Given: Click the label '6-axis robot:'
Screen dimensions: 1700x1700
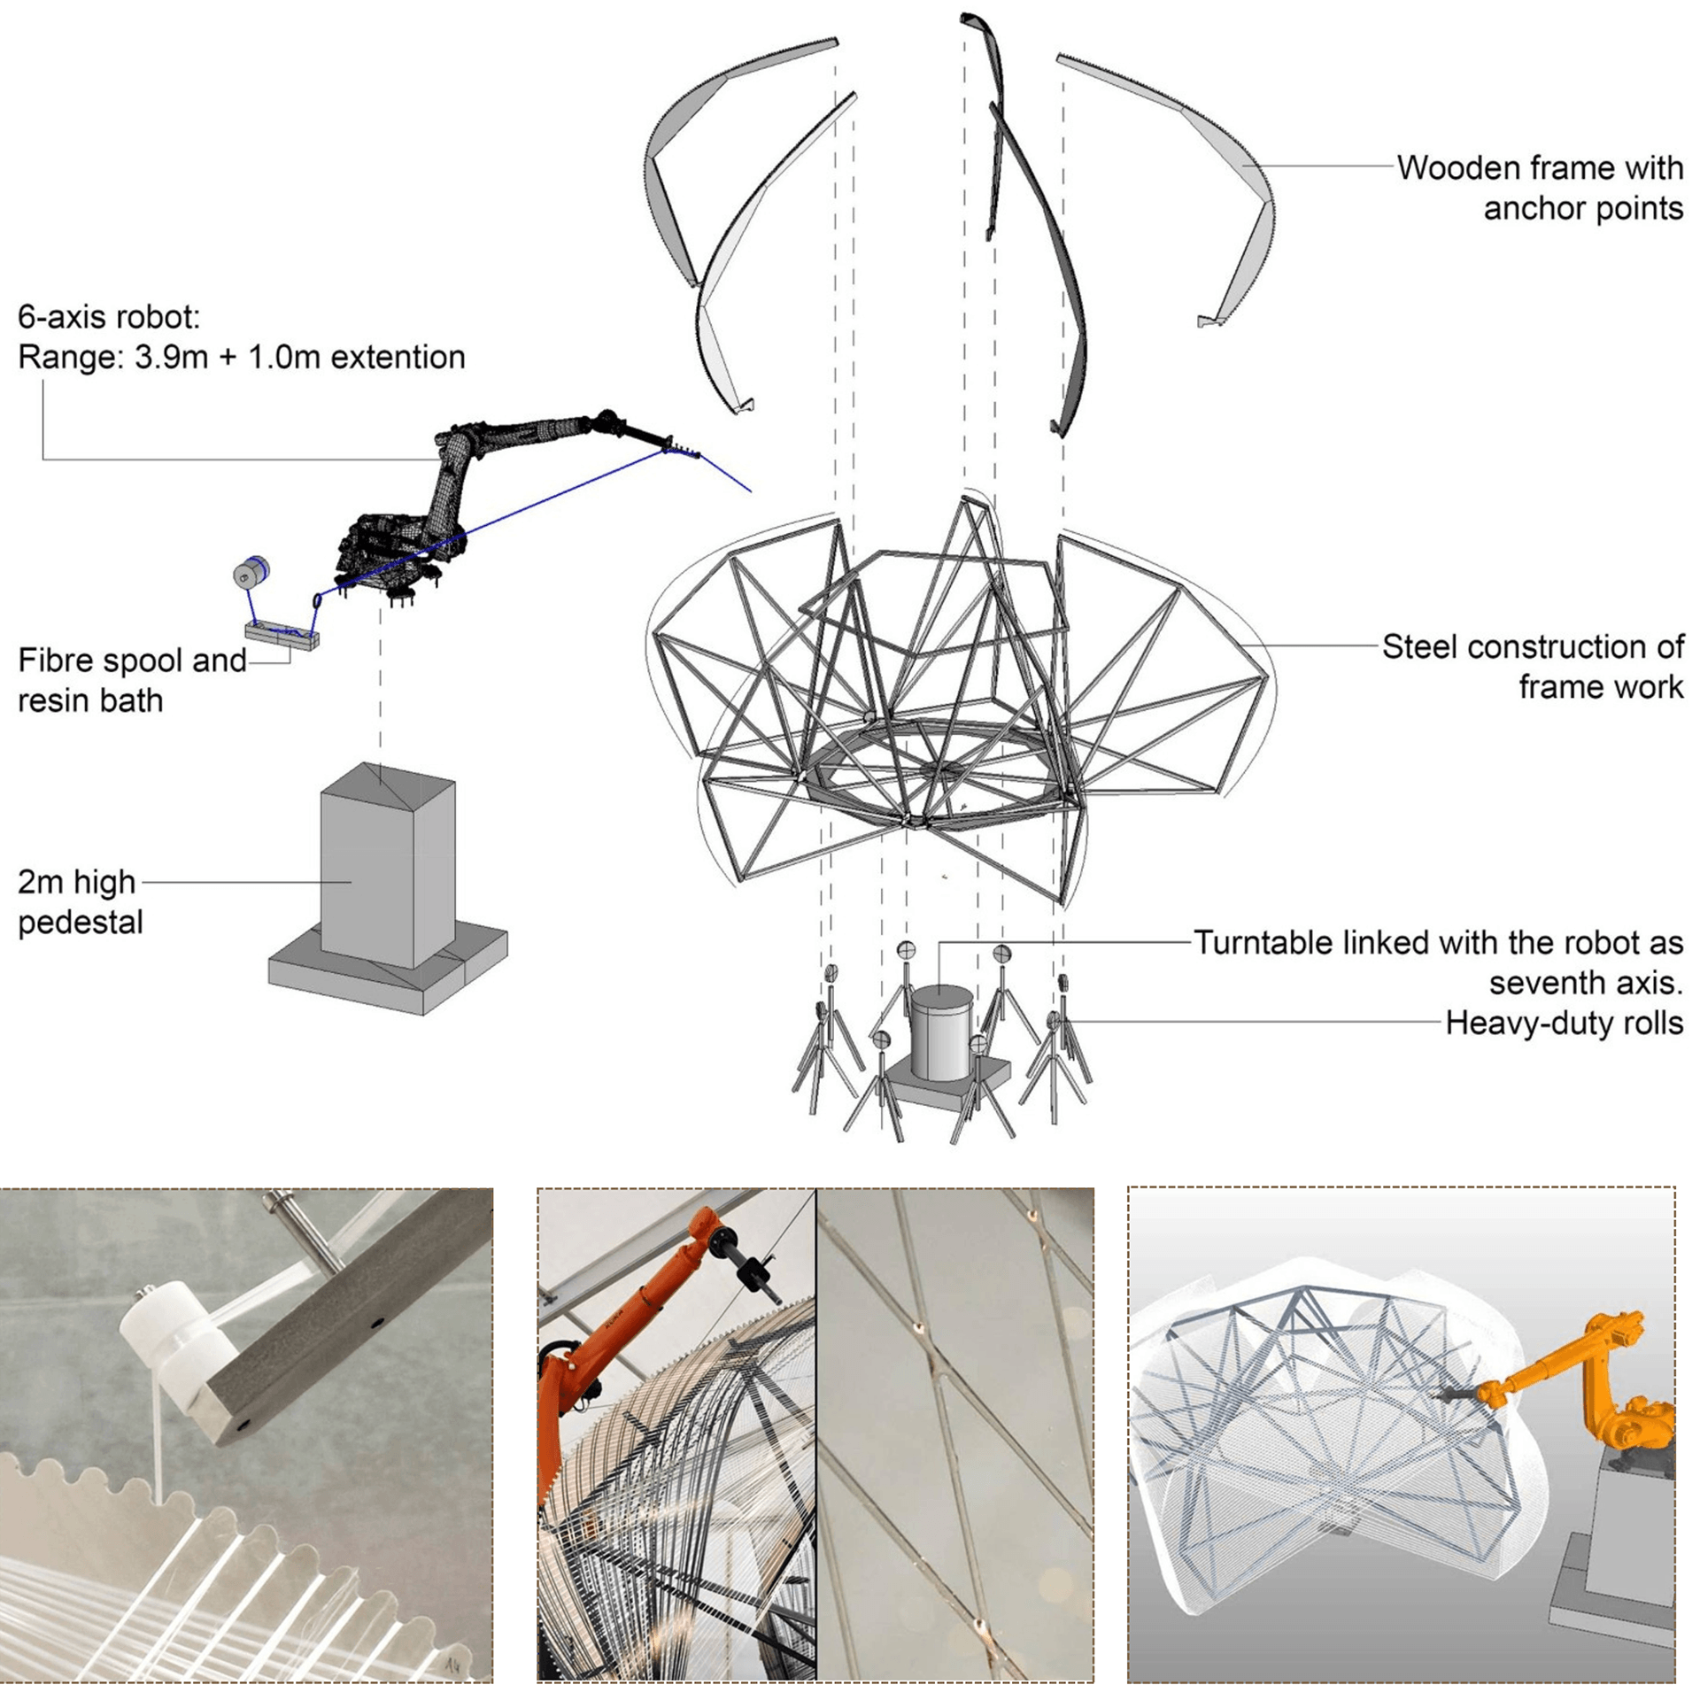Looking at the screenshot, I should [x=109, y=317].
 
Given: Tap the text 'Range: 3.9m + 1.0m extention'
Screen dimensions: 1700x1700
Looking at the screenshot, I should [x=241, y=357].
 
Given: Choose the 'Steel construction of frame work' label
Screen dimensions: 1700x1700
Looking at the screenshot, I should [x=1532, y=666].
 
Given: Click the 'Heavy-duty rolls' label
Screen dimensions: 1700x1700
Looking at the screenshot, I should [x=1564, y=1023].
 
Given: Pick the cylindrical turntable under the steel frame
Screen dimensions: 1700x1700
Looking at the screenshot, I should [x=942, y=1032].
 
